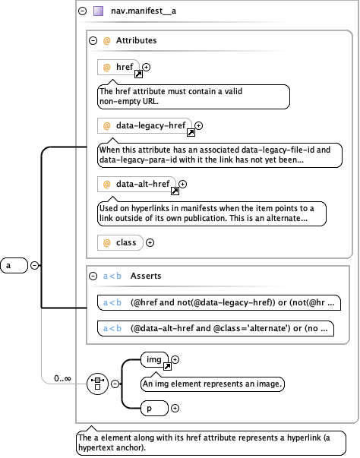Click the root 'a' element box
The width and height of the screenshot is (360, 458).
point(14,265)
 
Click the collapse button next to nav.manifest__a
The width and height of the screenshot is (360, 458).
point(82,11)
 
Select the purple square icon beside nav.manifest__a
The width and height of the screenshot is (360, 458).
point(98,11)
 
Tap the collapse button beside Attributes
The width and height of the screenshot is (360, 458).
point(93,40)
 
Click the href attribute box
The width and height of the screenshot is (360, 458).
point(118,68)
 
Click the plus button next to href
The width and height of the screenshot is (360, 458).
point(147,68)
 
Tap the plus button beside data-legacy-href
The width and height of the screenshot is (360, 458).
point(198,125)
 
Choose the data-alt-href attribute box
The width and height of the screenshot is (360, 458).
point(137,184)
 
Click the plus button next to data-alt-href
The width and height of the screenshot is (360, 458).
point(182,184)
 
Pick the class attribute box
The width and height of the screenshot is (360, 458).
point(120,242)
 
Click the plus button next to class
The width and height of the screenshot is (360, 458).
point(150,242)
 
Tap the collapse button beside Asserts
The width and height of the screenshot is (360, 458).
point(93,276)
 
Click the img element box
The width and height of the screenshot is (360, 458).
point(155,360)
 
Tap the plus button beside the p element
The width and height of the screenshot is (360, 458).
point(175,409)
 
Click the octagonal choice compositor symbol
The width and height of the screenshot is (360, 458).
point(96,384)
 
